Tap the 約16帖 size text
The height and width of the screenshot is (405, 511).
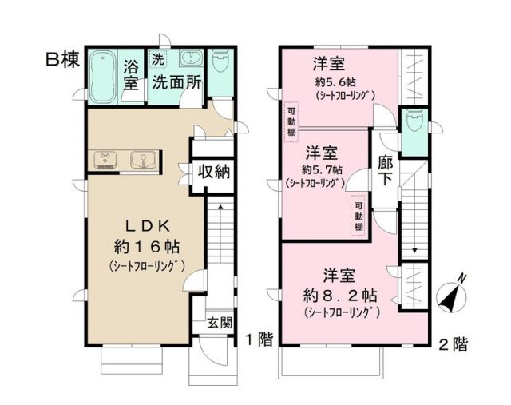145,244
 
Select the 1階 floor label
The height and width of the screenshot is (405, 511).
259,339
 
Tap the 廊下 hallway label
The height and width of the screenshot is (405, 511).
385,170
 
